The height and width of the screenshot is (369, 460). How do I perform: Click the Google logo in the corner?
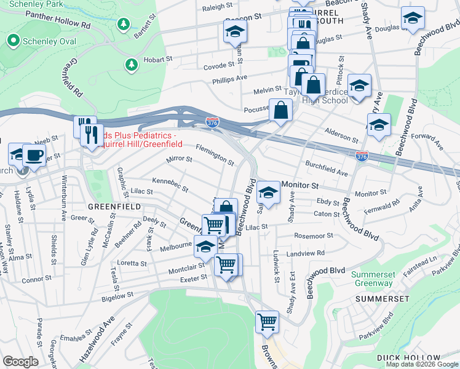[x=20, y=361]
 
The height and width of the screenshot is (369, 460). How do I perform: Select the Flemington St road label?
[x=215, y=156]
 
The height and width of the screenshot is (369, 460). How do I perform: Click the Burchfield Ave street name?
[x=327, y=169]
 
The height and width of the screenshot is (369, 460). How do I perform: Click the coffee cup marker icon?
[x=34, y=154]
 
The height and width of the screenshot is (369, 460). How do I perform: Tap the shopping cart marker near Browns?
[x=267, y=321]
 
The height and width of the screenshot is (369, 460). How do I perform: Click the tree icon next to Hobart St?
[x=130, y=64]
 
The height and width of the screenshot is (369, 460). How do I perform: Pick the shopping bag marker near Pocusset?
[x=280, y=111]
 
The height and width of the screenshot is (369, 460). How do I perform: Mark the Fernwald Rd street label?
[x=387, y=205]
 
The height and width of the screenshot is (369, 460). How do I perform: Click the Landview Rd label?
[x=309, y=253]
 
